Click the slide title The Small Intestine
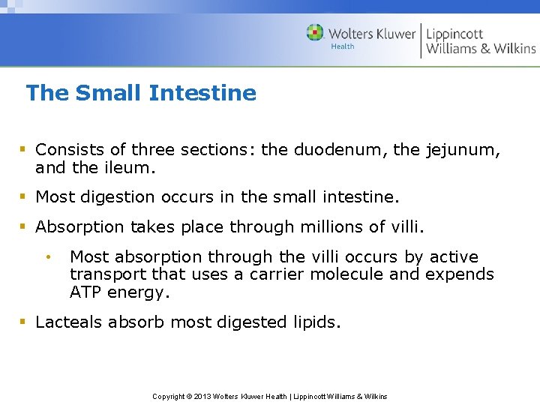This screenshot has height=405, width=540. point(141,93)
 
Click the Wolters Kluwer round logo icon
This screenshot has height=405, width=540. point(316,33)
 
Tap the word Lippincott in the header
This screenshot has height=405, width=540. point(454,34)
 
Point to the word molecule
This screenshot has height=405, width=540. point(351,274)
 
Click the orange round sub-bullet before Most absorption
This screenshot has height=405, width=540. point(47,257)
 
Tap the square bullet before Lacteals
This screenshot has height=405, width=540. point(23,322)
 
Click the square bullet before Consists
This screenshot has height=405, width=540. point(23,150)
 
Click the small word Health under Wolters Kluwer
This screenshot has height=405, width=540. point(342,46)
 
